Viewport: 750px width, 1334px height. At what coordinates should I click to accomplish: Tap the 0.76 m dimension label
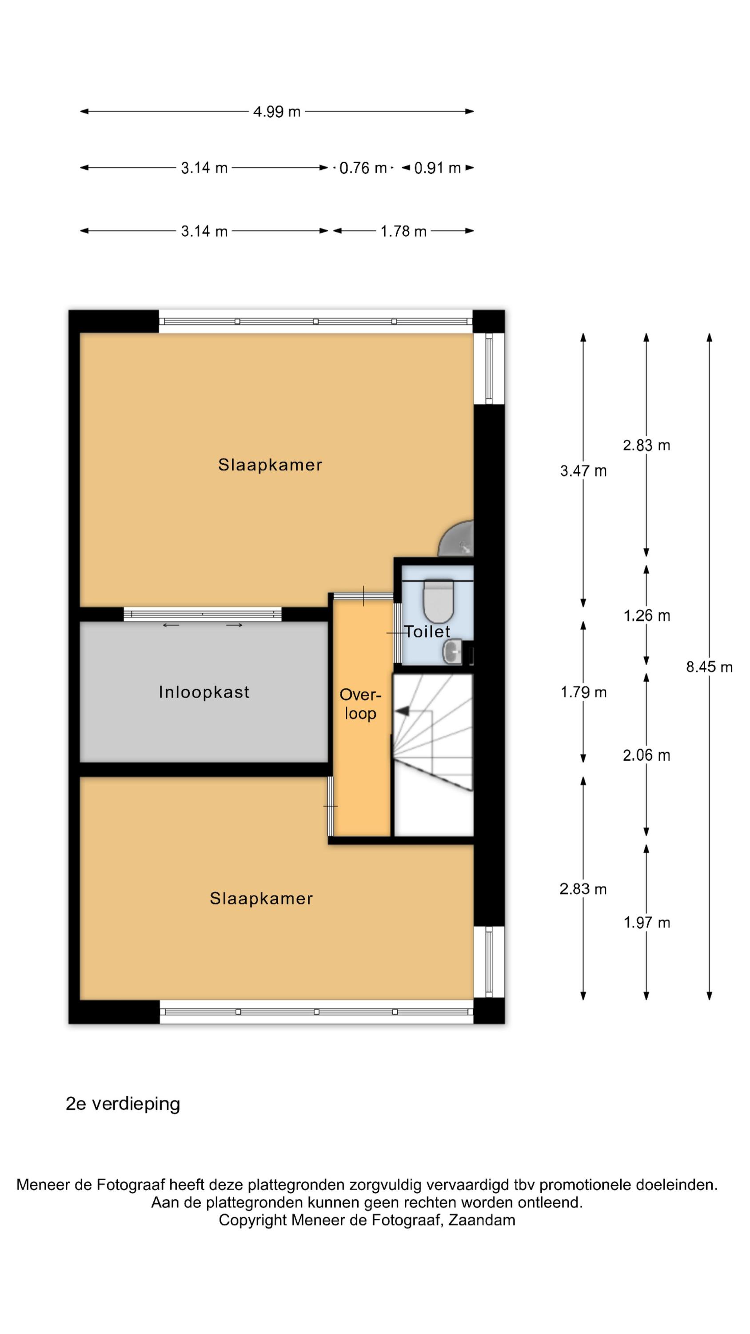(x=363, y=168)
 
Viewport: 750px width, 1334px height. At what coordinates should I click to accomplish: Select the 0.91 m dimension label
(x=437, y=168)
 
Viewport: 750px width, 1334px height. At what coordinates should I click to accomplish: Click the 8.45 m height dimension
(x=709, y=667)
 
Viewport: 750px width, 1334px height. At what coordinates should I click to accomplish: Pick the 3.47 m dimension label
(x=583, y=471)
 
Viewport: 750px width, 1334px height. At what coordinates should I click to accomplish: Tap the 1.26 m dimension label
(x=646, y=616)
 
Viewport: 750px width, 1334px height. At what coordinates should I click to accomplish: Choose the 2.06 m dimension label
(x=646, y=755)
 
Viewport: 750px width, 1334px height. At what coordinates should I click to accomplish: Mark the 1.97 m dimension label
(x=646, y=922)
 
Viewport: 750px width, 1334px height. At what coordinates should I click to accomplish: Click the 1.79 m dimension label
(x=583, y=692)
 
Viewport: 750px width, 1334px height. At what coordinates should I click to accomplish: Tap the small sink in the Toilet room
(x=452, y=652)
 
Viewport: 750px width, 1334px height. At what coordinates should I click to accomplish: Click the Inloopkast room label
(x=204, y=692)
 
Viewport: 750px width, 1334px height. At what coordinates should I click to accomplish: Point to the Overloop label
(x=360, y=704)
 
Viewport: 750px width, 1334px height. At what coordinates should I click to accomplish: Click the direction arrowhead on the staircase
(x=402, y=711)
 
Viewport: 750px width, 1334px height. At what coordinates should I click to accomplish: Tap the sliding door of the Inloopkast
(x=202, y=615)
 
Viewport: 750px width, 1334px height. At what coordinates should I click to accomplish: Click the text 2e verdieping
(x=123, y=1104)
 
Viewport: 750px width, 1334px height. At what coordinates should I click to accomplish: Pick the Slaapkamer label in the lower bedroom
(x=261, y=899)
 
